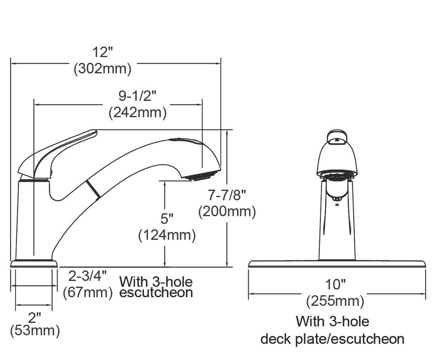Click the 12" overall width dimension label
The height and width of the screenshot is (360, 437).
tap(103, 52)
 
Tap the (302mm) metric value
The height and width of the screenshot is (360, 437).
tap(102, 69)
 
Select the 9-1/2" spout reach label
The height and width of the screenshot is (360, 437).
tap(137, 96)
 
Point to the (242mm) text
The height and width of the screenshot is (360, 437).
tap(138, 113)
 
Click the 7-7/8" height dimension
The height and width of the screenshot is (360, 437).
tap(227, 195)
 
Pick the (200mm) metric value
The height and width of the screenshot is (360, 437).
tap(227, 211)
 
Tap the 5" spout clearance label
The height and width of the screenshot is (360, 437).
tap(166, 218)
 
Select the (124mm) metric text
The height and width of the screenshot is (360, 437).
tap(167, 235)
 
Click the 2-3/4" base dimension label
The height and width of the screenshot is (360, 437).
tap(87, 276)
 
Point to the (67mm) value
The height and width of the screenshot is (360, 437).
tap(87, 293)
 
